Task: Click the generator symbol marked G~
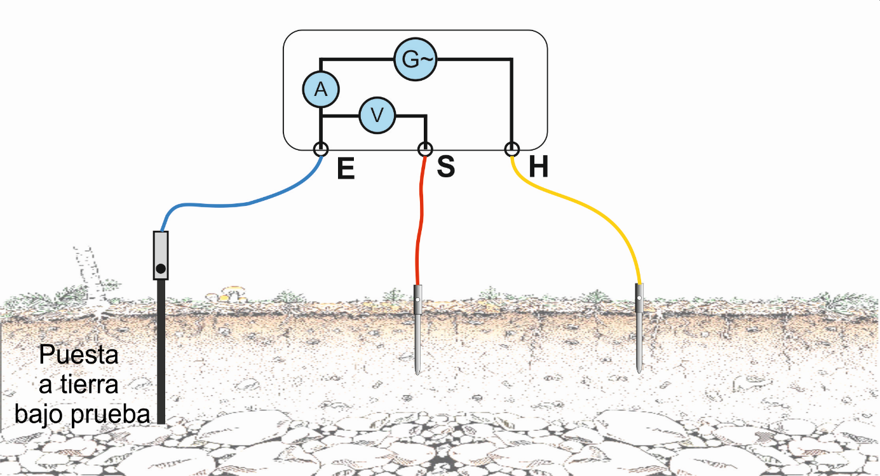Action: pos(416,60)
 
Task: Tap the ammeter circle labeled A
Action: pos(321,90)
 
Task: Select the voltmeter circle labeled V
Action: pos(377,116)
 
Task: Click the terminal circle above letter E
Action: pos(321,149)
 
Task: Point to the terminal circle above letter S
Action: pos(425,149)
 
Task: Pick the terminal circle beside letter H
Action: pos(512,149)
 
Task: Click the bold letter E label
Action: pos(346,168)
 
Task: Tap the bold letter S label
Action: pos(446,167)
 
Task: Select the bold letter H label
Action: pos(538,167)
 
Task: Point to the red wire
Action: pos(421,220)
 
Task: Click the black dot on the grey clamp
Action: pos(161,269)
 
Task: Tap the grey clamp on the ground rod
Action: pos(161,255)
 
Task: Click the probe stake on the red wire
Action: pos(417,329)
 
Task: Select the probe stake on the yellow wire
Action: pos(639,328)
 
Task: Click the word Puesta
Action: pos(79,355)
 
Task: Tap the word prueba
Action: pos(110,415)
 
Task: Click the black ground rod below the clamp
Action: pos(161,352)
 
